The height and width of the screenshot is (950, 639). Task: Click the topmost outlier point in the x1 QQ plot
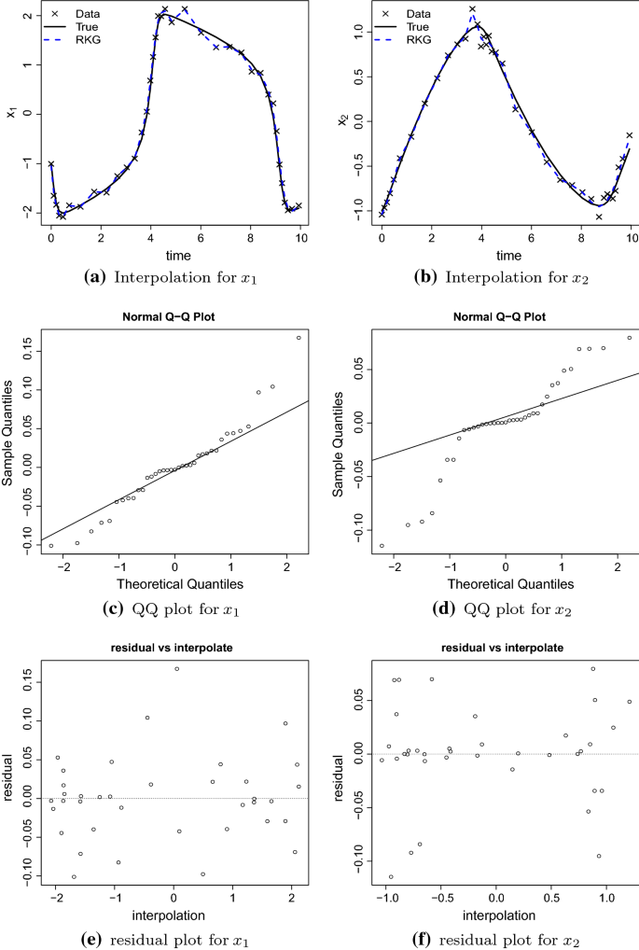point(299,338)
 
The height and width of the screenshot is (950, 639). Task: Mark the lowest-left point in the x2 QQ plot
point(382,546)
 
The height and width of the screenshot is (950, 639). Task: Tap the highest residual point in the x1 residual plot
point(176,669)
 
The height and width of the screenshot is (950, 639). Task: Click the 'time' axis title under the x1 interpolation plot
point(175,255)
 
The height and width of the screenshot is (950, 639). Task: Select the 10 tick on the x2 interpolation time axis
point(631,239)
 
